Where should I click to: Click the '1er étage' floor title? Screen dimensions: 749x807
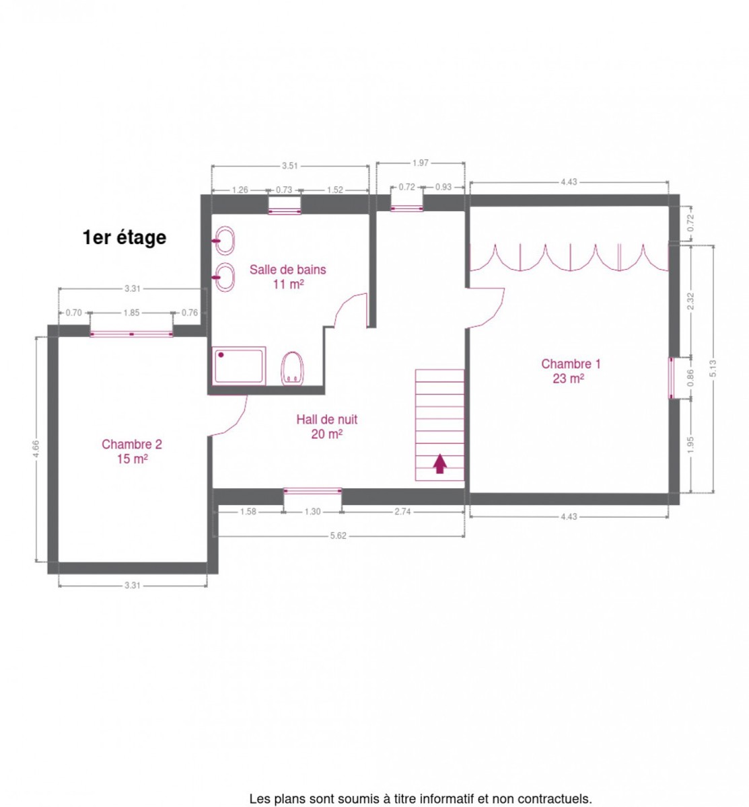(x=124, y=237)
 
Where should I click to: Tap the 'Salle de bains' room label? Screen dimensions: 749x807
(x=288, y=270)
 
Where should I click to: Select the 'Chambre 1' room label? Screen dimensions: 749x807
(x=571, y=364)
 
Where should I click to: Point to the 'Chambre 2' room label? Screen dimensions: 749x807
(x=132, y=444)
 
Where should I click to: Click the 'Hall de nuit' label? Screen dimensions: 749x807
(x=327, y=420)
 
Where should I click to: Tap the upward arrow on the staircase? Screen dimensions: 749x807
(x=439, y=464)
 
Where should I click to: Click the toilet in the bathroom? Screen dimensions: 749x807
(x=293, y=368)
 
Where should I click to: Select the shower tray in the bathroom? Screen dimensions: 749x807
(x=239, y=365)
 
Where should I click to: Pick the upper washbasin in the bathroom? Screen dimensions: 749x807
(x=224, y=241)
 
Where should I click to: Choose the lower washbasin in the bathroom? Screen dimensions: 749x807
(x=224, y=277)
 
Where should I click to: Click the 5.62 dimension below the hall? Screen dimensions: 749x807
(x=338, y=535)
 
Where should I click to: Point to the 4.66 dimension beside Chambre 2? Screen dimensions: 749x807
(x=36, y=449)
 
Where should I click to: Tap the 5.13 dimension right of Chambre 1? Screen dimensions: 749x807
(x=713, y=368)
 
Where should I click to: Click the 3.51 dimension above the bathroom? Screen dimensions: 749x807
(x=290, y=165)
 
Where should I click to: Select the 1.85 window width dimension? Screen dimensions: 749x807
(x=131, y=313)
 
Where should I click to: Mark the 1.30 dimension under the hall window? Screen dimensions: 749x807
(x=313, y=512)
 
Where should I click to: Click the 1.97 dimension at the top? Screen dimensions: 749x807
(x=421, y=163)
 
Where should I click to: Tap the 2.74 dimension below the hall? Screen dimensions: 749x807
(x=402, y=512)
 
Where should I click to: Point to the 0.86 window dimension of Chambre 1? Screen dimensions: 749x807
(x=690, y=378)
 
